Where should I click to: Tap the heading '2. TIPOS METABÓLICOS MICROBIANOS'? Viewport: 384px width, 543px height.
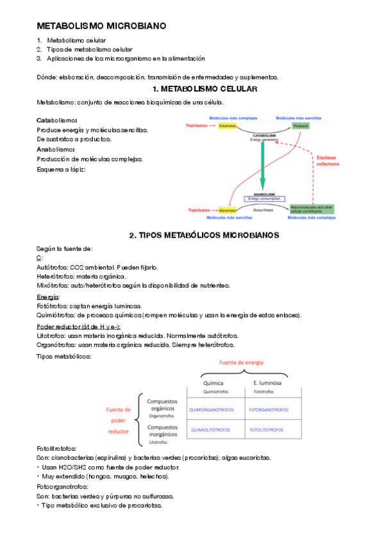click(204, 235)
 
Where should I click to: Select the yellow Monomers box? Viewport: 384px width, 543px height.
click(228, 210)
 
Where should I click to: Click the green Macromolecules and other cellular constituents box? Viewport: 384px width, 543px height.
click(312, 209)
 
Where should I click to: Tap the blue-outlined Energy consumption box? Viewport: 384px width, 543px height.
click(264, 199)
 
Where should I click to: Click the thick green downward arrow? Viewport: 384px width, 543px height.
click(263, 167)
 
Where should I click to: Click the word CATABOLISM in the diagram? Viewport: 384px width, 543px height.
click(263, 136)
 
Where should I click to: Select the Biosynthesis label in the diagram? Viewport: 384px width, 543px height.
click(263, 210)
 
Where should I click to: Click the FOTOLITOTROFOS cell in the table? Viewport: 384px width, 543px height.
click(265, 429)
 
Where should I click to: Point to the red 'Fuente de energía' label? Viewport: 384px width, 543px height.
click(242, 362)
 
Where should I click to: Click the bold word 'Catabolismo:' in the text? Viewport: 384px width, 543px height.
click(57, 120)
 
